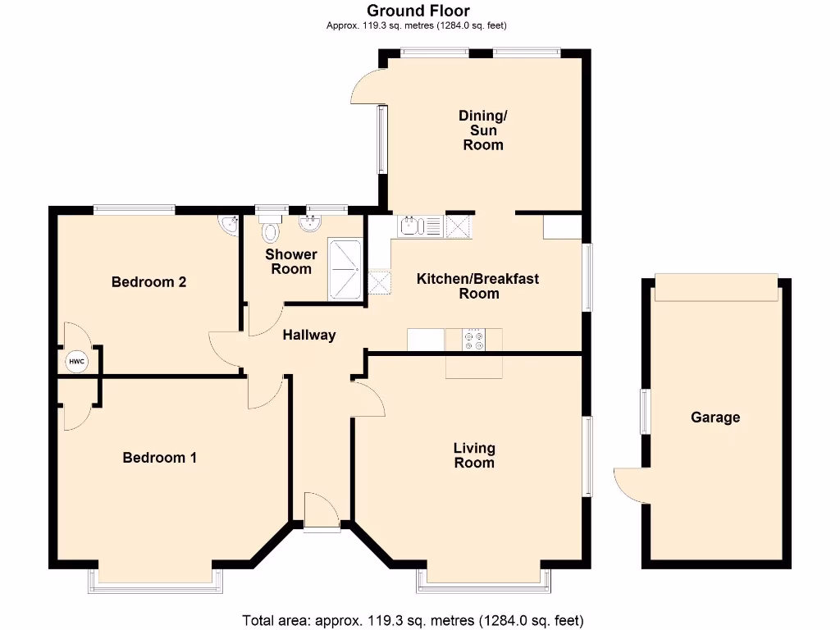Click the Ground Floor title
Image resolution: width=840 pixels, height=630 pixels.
coord(418,11)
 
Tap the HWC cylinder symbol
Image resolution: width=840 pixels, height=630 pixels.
coord(75,361)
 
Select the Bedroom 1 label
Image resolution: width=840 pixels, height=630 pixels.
coord(159,458)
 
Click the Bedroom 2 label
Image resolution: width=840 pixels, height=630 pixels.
coord(148,282)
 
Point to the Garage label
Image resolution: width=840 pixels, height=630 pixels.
coord(714,418)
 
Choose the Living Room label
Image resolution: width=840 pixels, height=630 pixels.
coord(474,455)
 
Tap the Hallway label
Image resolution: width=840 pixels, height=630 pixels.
coord(309,335)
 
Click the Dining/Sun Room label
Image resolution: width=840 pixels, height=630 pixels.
coord(482,130)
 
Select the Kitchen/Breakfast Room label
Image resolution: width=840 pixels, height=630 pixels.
coord(478,286)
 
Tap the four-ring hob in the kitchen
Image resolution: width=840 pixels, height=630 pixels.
coord(473,340)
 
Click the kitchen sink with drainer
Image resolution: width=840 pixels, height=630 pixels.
coord(419,226)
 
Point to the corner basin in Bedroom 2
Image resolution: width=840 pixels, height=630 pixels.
coord(228,222)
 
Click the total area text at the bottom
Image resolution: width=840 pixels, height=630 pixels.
coord(413,619)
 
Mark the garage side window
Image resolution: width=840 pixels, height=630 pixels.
coord(645,412)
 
